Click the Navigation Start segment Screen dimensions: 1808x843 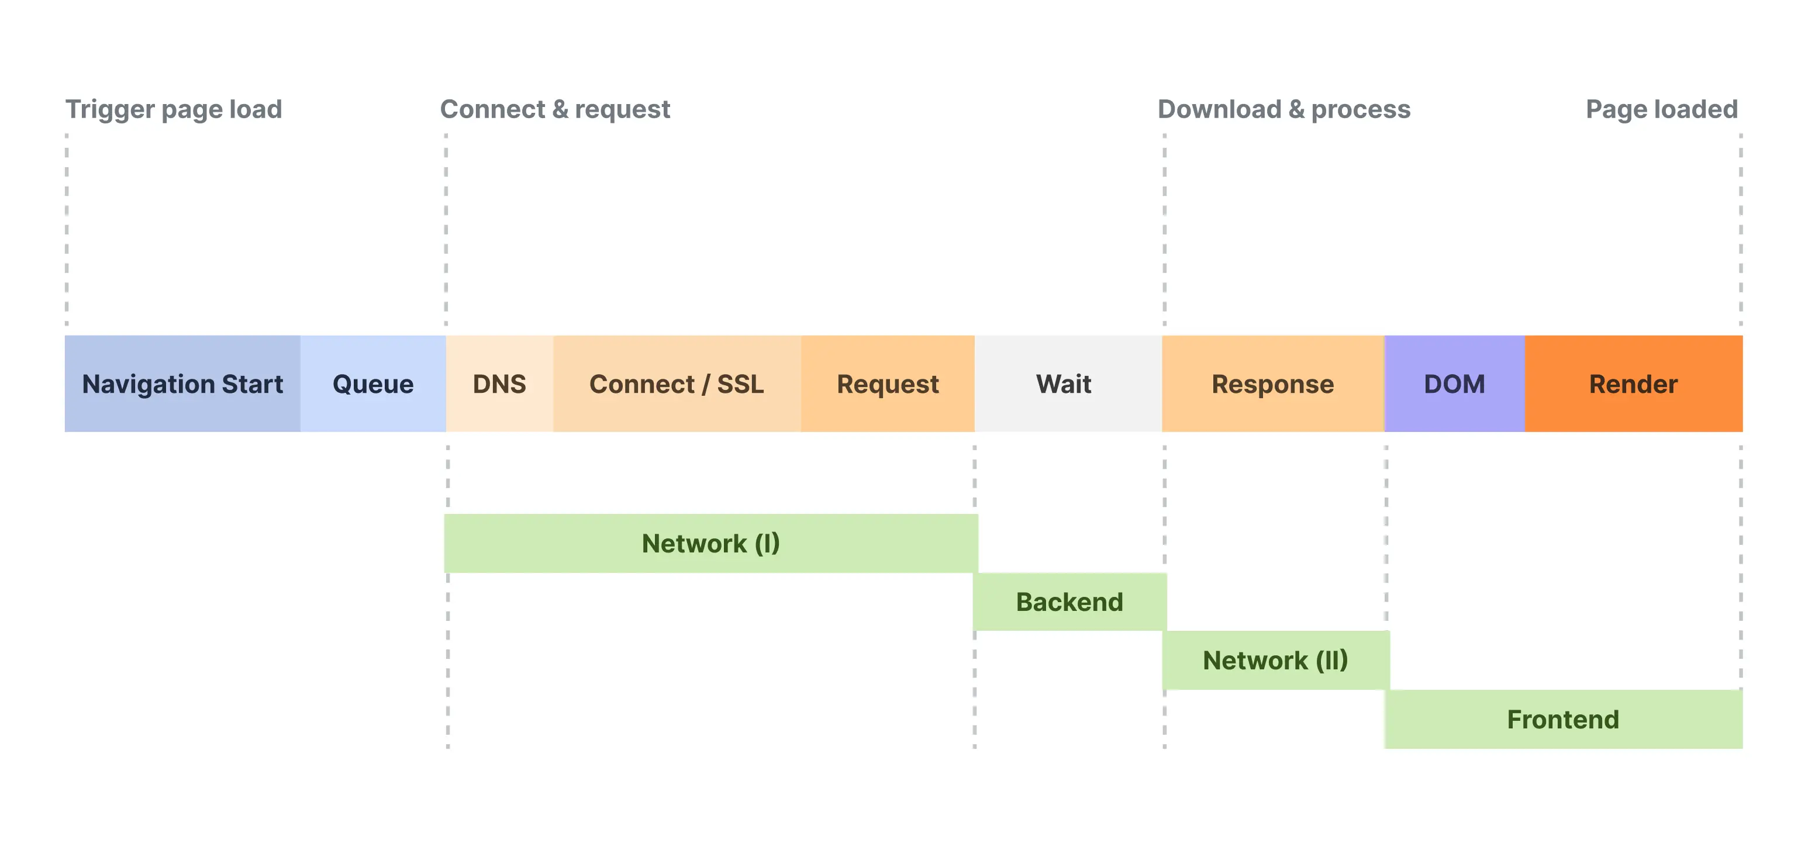[x=182, y=384]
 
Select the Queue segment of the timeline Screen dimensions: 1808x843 [x=374, y=384]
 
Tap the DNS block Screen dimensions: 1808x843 [x=500, y=384]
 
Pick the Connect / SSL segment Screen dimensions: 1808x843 [x=677, y=384]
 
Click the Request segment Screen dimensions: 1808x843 [x=888, y=384]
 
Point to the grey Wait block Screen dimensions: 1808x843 [x=1068, y=384]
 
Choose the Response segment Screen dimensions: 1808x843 [x=1273, y=384]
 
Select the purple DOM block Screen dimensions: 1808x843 [x=1455, y=384]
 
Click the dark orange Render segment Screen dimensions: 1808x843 [x=1634, y=384]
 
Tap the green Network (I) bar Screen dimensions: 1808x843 [x=711, y=543]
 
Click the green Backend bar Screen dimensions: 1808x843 [x=1070, y=602]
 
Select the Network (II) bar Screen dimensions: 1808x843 [x=1276, y=660]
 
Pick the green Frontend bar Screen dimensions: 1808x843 [x=1564, y=720]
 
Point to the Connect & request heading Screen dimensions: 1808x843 [x=555, y=109]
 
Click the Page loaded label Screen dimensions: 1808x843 [x=1662, y=109]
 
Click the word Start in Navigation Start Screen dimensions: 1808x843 [x=253, y=384]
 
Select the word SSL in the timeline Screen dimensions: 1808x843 [x=740, y=384]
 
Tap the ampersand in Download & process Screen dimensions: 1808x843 [x=1297, y=109]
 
